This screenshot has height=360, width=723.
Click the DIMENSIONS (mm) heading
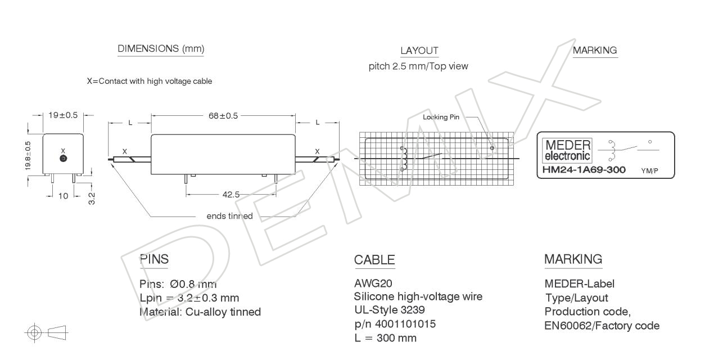[161, 49]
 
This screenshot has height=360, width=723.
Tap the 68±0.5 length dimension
[223, 115]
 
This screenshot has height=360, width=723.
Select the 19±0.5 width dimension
[63, 115]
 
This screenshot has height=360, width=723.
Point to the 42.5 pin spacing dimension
[231, 195]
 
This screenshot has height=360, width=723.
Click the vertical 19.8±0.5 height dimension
[28, 156]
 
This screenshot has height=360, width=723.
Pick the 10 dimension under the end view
[64, 196]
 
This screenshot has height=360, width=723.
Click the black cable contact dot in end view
[64, 158]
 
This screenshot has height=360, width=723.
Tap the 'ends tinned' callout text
[229, 216]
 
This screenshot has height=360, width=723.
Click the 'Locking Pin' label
[441, 117]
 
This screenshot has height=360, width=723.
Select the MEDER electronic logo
[568, 150]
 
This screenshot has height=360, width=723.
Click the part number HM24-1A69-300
[584, 170]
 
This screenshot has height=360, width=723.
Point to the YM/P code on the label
[649, 171]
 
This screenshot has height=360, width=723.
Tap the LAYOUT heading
[419, 51]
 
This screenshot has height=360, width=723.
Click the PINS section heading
[154, 259]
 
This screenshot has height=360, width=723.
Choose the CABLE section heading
[374, 260]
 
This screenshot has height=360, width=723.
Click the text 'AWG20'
[373, 283]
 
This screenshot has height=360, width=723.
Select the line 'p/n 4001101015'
[395, 324]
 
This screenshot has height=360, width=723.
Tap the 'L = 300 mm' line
[385, 338]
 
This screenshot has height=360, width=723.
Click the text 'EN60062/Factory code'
[602, 326]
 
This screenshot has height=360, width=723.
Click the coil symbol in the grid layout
[404, 159]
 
